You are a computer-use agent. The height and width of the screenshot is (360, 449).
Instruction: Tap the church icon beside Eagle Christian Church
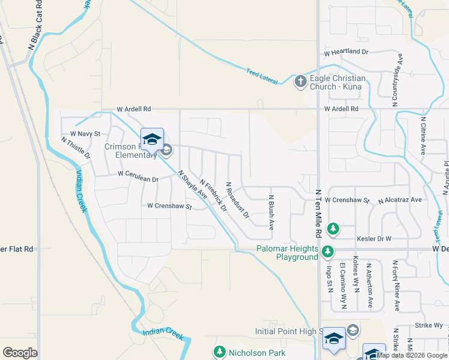pyautogui.click(x=301, y=82)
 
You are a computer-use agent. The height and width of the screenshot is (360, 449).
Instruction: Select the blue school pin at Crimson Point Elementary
pyautogui.click(x=152, y=139)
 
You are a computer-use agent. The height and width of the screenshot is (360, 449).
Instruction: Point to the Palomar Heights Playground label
pyautogui.click(x=287, y=253)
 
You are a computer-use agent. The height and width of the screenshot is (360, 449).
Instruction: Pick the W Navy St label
pyautogui.click(x=85, y=133)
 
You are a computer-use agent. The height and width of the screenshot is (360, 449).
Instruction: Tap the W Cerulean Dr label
pyautogui.click(x=137, y=177)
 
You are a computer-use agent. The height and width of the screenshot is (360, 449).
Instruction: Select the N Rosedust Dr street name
pyautogui.click(x=237, y=200)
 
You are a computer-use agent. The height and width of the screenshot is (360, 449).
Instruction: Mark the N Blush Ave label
pyautogui.click(x=271, y=212)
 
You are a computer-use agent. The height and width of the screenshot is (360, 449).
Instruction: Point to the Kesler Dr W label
pyautogui.click(x=374, y=238)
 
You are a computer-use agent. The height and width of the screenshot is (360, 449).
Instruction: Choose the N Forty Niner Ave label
pyautogui.click(x=396, y=285)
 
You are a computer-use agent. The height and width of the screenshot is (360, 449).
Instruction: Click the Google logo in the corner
pyautogui.click(x=20, y=353)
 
